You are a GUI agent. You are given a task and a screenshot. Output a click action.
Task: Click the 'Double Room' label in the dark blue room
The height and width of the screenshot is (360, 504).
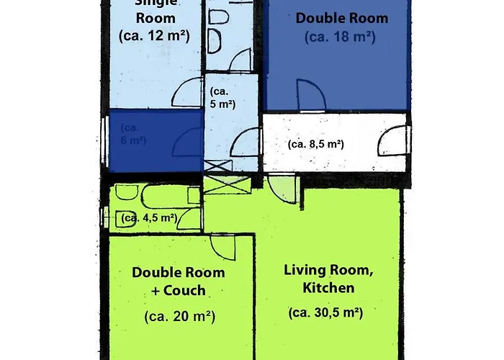[341, 18]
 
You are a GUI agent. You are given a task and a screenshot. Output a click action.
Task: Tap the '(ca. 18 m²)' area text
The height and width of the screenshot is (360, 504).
[340, 37]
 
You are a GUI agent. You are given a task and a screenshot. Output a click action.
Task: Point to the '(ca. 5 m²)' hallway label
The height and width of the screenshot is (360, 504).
[222, 98]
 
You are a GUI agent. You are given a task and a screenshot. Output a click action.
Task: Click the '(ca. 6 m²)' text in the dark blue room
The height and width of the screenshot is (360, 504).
[134, 135]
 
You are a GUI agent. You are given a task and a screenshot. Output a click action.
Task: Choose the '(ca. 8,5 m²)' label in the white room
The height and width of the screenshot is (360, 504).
[315, 144]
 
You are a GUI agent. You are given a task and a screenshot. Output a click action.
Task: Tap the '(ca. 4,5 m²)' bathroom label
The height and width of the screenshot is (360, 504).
[149, 217]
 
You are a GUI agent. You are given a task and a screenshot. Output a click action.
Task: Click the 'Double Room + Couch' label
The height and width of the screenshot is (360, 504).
[178, 282]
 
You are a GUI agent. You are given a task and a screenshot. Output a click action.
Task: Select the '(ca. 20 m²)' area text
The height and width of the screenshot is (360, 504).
[179, 316]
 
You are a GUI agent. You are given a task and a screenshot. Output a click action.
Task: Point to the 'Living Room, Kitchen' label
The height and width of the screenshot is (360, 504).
[318, 279]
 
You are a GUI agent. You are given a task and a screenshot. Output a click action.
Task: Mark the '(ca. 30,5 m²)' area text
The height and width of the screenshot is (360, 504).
[325, 312]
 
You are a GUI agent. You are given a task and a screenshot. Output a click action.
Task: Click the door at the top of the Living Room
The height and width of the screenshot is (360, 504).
[285, 189]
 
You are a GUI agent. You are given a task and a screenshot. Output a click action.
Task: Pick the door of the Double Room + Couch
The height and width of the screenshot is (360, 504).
[226, 247]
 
